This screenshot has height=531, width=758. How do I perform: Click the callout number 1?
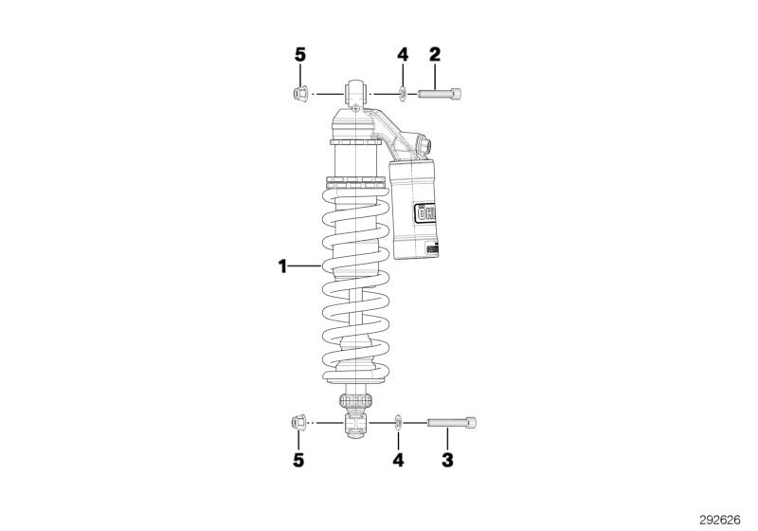(x=282, y=266)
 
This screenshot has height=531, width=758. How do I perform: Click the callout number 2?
(x=435, y=55)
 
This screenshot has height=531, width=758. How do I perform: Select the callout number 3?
(x=447, y=461)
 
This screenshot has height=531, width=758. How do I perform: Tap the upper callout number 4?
(x=402, y=55)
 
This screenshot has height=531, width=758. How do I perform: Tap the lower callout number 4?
(x=399, y=461)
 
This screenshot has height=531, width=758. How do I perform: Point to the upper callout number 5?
(x=300, y=55)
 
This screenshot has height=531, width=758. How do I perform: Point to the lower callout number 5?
(x=299, y=461)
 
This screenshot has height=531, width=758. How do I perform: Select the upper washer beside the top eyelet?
(x=403, y=93)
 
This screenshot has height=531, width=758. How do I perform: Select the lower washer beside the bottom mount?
(x=399, y=421)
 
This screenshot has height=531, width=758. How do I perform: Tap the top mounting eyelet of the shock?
(x=357, y=93)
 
